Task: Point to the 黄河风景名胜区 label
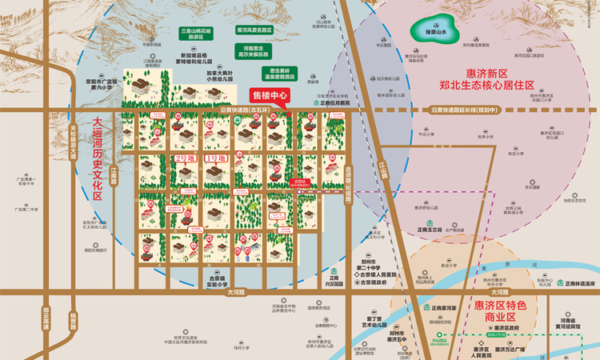click(254, 30)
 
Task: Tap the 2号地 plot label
click(183, 158)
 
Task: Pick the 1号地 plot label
click(216, 158)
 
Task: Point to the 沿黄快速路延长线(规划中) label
click(464, 110)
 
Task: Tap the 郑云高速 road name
click(46, 318)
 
